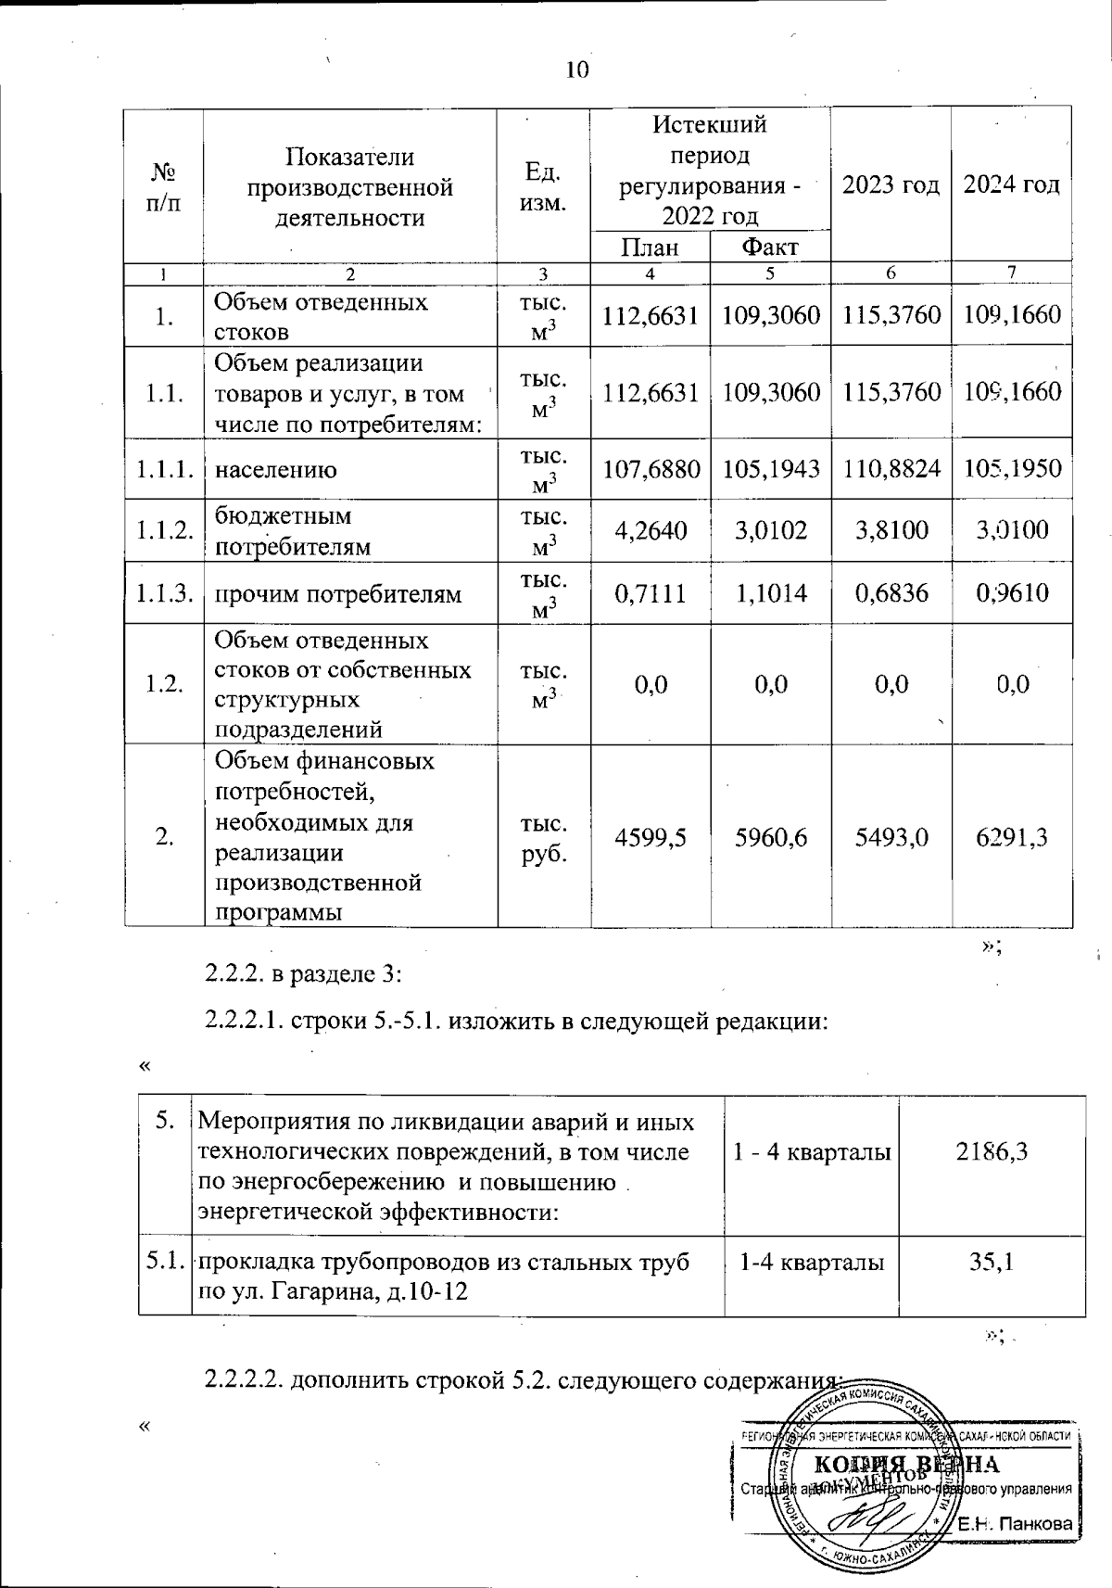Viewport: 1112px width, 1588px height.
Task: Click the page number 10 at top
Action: point(576,70)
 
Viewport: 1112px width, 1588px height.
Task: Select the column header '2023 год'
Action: point(891,184)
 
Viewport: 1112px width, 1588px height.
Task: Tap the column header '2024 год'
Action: point(1011,184)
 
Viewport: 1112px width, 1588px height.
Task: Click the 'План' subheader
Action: point(650,248)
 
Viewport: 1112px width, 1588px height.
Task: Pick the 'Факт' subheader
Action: point(769,248)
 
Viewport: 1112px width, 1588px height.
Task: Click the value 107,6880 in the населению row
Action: point(651,469)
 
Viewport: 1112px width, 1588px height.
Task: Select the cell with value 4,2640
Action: point(651,530)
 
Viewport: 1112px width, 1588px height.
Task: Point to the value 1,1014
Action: point(770,592)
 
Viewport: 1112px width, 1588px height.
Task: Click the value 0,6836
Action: point(891,592)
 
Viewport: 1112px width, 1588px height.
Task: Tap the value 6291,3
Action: point(1012,837)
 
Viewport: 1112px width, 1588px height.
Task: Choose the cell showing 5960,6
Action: point(770,837)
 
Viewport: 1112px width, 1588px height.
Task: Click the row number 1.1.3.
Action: point(164,592)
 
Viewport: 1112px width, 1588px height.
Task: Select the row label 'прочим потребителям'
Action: point(337,593)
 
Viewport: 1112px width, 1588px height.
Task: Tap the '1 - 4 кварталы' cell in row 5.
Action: point(812,1152)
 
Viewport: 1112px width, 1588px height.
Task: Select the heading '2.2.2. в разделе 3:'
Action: point(303,974)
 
